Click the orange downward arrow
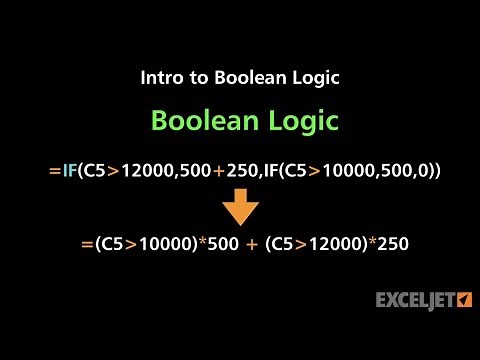click(x=240, y=206)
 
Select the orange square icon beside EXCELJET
click(x=464, y=299)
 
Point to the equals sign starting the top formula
click(x=54, y=171)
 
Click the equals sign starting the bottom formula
click(x=73, y=243)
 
